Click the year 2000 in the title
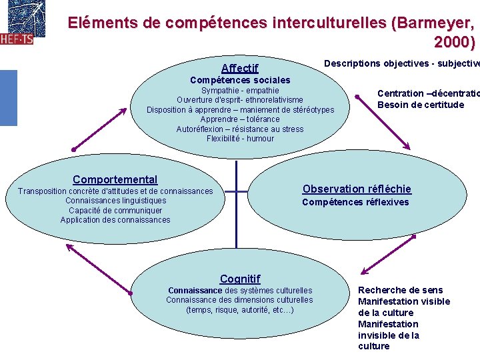454,43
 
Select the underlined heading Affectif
239,68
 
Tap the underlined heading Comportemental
115,179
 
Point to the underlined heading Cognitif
240,279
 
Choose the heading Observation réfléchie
357,189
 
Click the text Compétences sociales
240,80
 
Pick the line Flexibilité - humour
240,139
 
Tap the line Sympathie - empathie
240,91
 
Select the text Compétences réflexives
355,202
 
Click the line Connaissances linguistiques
115,201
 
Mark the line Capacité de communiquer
115,211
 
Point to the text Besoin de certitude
420,105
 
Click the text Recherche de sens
400,290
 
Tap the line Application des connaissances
115,220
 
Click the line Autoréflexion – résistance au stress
240,129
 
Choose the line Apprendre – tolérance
240,119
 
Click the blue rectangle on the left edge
8,97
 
